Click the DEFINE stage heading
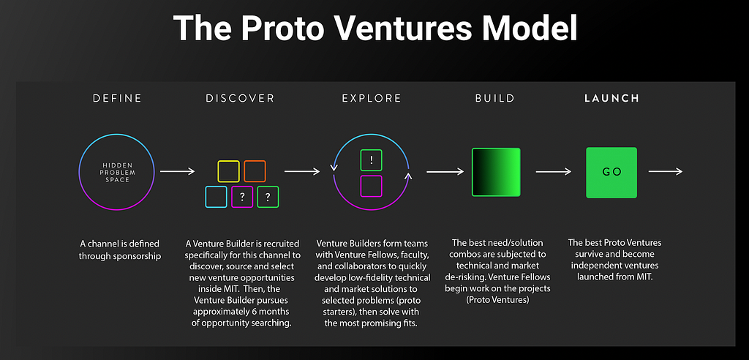point(117,99)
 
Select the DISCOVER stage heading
point(240,99)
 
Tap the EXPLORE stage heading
point(371,99)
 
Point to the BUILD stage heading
point(495,99)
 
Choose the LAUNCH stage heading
point(611,99)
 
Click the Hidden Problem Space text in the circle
point(116,172)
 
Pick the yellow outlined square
point(228,171)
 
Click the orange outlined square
point(255,171)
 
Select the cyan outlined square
point(216,197)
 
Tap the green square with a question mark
point(268,197)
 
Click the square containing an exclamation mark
point(371,160)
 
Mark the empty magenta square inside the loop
point(371,186)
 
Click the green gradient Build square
point(496,172)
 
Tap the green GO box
point(611,173)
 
